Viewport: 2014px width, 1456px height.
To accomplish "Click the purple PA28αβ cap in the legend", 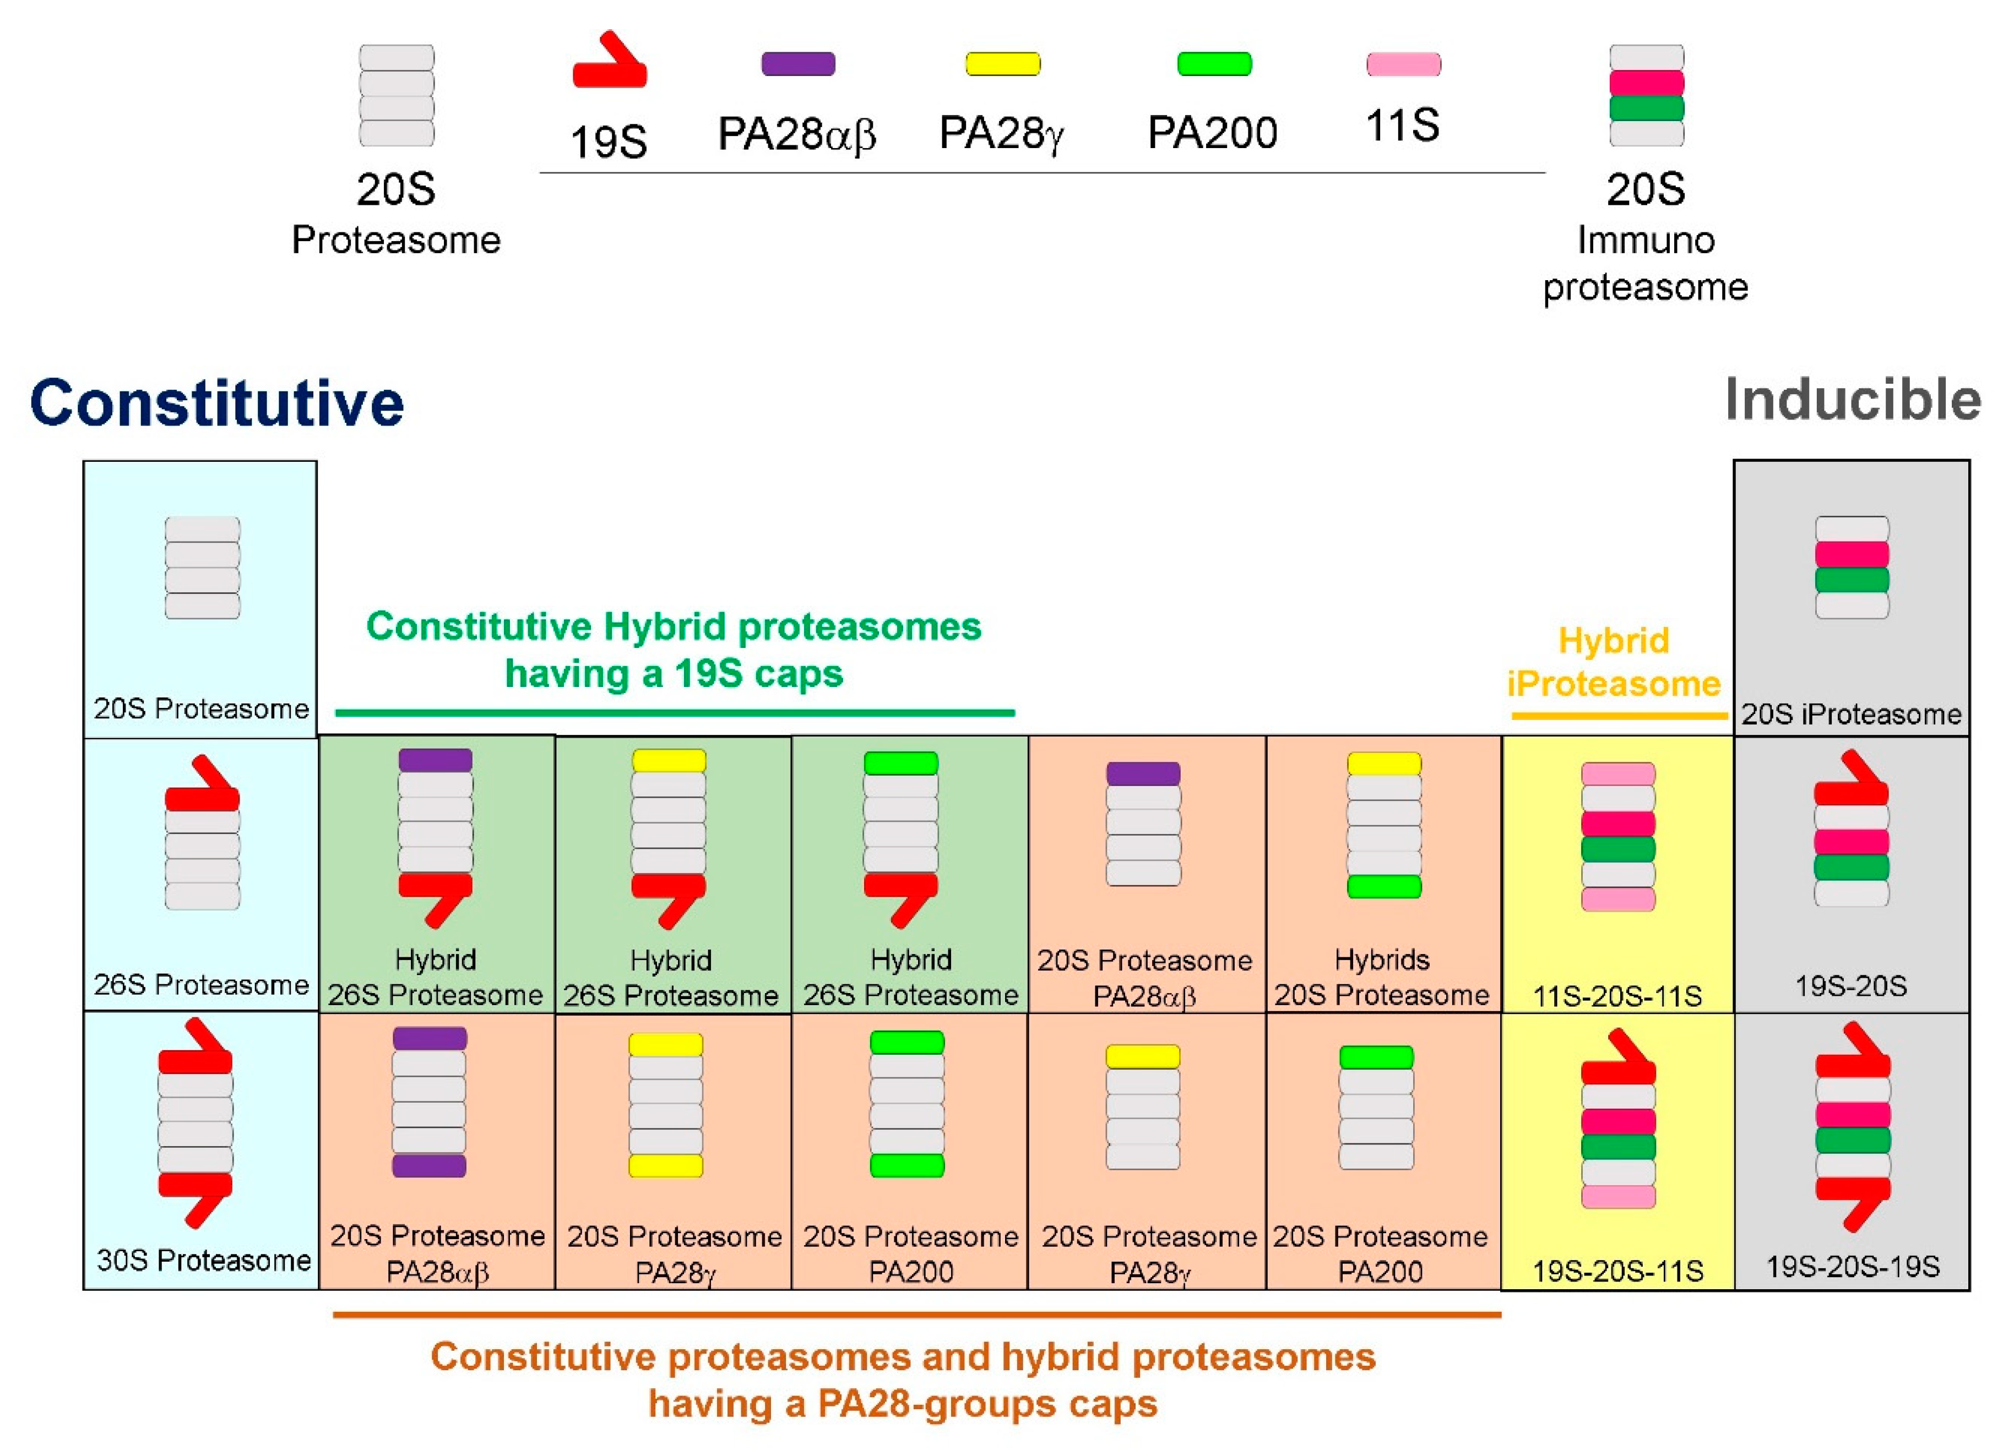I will pyautogui.click(x=797, y=64).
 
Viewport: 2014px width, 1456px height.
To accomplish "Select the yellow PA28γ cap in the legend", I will pyautogui.click(x=1002, y=64).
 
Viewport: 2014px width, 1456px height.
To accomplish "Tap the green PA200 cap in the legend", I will pyautogui.click(x=1214, y=64).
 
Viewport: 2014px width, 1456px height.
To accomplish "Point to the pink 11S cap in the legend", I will pyautogui.click(x=1403, y=64).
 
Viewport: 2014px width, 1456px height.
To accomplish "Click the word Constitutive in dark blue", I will pyautogui.click(x=216, y=404).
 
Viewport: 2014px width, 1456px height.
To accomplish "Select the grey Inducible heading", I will pyautogui.click(x=1853, y=400).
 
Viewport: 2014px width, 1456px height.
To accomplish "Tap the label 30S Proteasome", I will pyautogui.click(x=203, y=1260).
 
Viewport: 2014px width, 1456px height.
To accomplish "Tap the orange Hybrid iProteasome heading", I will pyautogui.click(x=1614, y=662).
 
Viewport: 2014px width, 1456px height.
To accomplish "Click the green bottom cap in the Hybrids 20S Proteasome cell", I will pyautogui.click(x=1383, y=887).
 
